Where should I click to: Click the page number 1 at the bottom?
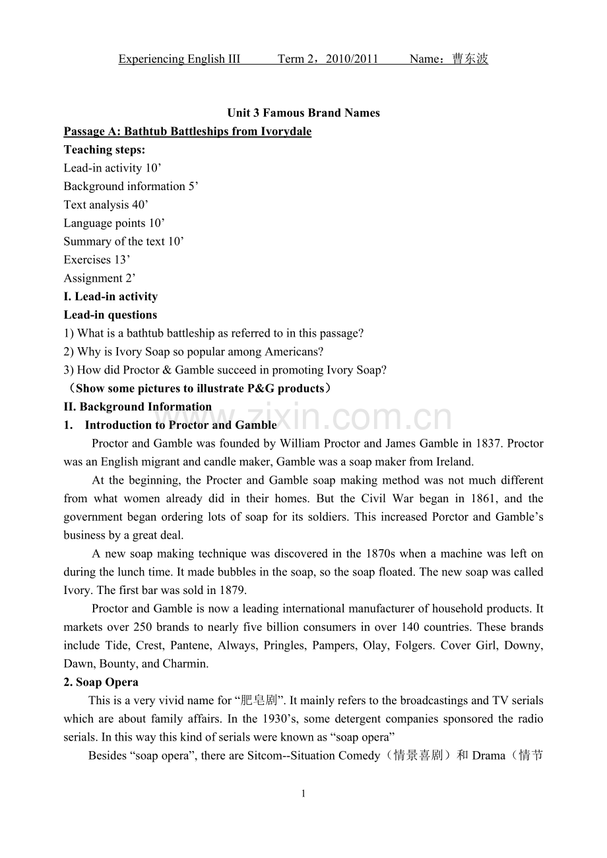click(x=303, y=794)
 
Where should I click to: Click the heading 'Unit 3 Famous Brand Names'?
click(x=303, y=113)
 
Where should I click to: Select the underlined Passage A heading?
click(x=187, y=131)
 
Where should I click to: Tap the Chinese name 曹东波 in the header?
click(x=470, y=59)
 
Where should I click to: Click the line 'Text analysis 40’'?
click(x=106, y=205)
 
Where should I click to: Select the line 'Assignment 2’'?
click(x=100, y=278)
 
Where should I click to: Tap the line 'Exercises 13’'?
click(x=97, y=259)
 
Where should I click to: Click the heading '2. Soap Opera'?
click(x=101, y=682)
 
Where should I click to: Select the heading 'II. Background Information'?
click(x=138, y=407)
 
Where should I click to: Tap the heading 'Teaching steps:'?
click(x=104, y=150)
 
